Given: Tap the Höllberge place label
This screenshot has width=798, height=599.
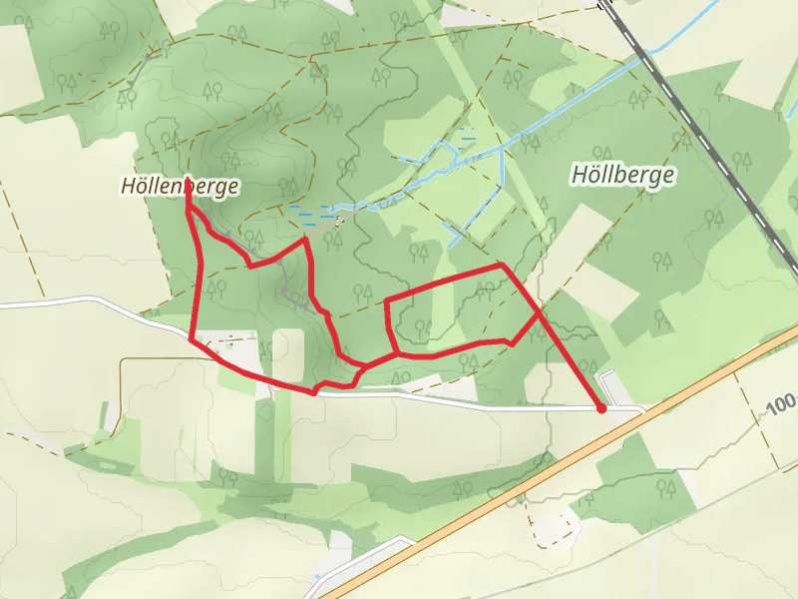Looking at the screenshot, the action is point(623,175).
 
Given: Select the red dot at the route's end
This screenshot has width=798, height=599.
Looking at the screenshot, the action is point(601,407).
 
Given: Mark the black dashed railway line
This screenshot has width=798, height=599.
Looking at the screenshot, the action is point(698,130).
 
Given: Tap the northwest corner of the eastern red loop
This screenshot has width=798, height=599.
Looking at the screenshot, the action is point(386,299).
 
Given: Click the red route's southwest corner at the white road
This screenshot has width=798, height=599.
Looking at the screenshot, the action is point(192,339).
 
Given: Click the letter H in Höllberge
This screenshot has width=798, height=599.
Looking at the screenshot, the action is point(579,176).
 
